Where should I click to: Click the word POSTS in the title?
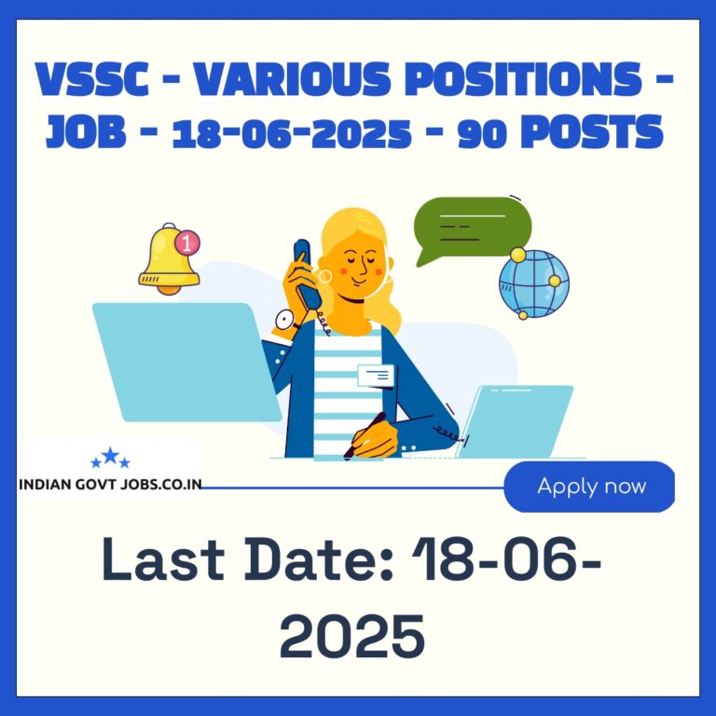(x=592, y=131)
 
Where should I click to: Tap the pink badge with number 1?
(x=187, y=242)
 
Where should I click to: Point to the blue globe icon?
(x=534, y=283)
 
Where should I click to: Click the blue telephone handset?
(x=308, y=273)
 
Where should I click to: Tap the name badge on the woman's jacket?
(x=376, y=376)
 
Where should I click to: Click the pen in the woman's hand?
(x=365, y=435)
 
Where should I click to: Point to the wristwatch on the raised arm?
(x=286, y=321)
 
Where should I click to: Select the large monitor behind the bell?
(x=186, y=362)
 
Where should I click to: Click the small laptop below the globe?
(x=516, y=421)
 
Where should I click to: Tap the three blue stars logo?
(x=111, y=458)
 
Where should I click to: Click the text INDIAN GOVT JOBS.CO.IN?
(x=111, y=485)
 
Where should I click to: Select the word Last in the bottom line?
(x=163, y=559)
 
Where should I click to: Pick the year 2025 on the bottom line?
(x=352, y=636)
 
